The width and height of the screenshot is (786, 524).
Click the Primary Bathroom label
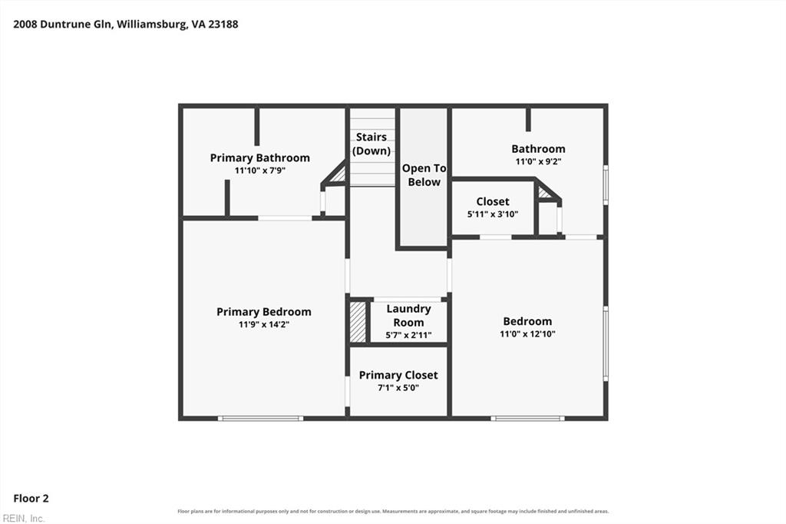click(259, 158)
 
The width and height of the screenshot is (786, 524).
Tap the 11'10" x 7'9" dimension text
click(260, 171)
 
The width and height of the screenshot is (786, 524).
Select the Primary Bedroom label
click(264, 312)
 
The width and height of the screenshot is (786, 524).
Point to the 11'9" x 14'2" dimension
click(264, 325)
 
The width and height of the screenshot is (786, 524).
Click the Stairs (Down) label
click(372, 144)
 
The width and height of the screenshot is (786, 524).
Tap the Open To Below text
click(424, 175)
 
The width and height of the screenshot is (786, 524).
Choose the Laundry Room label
click(408, 316)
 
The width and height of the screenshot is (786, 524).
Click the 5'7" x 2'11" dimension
click(408, 335)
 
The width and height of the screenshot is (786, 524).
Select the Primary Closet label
click(398, 375)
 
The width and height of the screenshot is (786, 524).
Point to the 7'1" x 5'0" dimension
click(398, 388)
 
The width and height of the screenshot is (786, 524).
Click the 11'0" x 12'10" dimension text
click(527, 333)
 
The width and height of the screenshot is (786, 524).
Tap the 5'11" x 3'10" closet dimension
click(493, 214)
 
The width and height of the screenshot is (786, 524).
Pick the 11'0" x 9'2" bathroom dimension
click(538, 161)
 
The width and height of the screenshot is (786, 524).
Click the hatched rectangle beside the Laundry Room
click(358, 322)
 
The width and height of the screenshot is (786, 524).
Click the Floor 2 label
click(31, 499)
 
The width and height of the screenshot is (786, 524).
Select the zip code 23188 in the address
click(223, 24)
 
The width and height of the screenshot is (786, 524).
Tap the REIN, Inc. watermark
click(24, 519)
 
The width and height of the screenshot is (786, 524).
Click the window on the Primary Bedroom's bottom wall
click(261, 418)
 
